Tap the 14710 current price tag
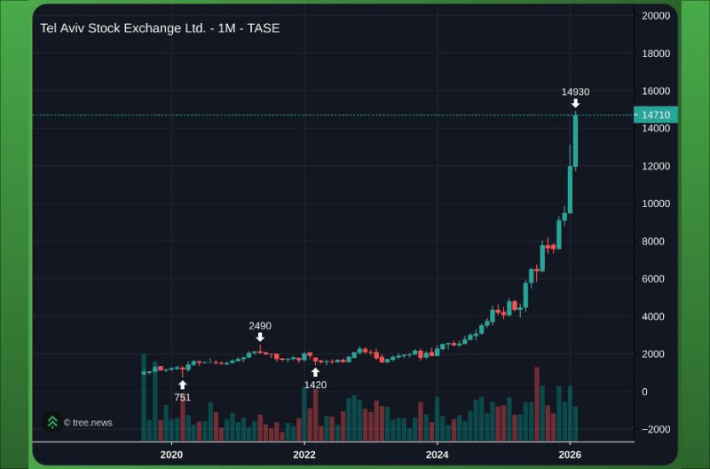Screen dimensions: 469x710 pyautogui.click(x=656, y=115)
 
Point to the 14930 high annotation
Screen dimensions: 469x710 pyautogui.click(x=575, y=91)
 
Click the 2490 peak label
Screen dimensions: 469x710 pyautogui.click(x=260, y=326)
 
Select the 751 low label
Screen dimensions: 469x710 pyautogui.click(x=182, y=397)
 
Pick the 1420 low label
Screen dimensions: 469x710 pyautogui.click(x=315, y=385)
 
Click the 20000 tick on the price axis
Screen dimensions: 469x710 pyautogui.click(x=656, y=16)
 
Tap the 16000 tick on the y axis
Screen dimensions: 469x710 pyautogui.click(x=656, y=91)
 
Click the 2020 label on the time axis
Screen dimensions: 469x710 pyautogui.click(x=171, y=454)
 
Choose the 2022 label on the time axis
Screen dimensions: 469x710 pyautogui.click(x=304, y=454)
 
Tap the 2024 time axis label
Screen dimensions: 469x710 pyautogui.click(x=437, y=454)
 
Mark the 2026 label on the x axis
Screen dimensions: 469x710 pyautogui.click(x=570, y=454)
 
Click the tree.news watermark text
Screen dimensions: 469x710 pyautogui.click(x=88, y=423)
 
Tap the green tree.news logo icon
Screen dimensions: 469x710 pyautogui.click(x=53, y=422)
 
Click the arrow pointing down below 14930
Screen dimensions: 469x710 pyautogui.click(x=575, y=104)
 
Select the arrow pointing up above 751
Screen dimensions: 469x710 pyautogui.click(x=182, y=385)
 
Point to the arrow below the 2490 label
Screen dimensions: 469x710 pyautogui.click(x=260, y=338)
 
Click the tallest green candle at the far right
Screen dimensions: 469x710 pyautogui.click(x=575, y=141)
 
